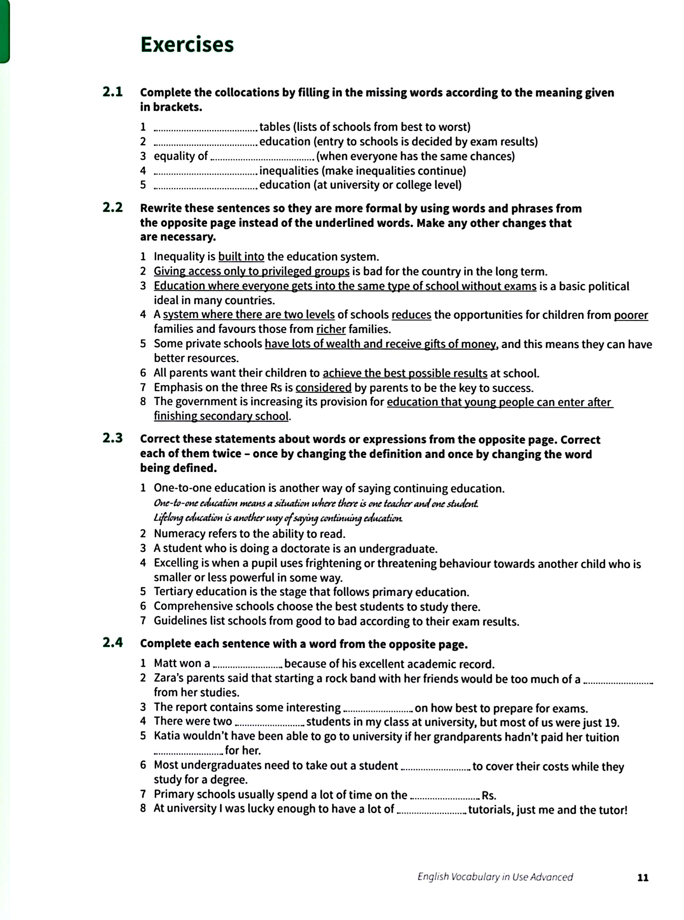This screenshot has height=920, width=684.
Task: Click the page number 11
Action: pos(643,877)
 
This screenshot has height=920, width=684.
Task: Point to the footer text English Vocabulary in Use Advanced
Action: pos(495,876)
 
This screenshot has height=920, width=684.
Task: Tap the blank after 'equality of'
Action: pos(262,158)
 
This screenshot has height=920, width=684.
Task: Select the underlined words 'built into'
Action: pos(241,257)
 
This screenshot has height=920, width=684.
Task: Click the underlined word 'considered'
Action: pos(323,388)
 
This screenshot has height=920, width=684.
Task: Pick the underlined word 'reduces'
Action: pos(411,315)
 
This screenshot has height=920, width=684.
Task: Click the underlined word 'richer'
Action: pos(331,329)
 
